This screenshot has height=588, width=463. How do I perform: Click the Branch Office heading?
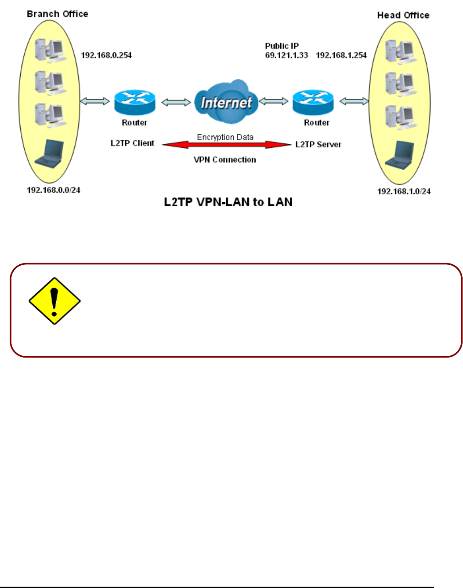[57, 14]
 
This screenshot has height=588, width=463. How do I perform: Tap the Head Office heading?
[403, 15]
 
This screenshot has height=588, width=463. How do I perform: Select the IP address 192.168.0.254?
[106, 55]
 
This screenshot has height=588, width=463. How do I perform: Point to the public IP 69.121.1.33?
[286, 55]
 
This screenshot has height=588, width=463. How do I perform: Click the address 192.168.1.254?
[341, 55]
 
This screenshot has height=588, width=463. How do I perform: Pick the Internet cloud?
[226, 102]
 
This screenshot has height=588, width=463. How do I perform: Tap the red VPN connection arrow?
[226, 144]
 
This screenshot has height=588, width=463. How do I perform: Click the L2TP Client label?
[132, 143]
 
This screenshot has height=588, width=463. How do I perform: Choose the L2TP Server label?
[318, 144]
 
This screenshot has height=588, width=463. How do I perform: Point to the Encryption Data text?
[225, 137]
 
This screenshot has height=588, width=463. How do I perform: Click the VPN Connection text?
[225, 160]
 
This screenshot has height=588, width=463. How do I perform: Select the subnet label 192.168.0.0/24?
[54, 190]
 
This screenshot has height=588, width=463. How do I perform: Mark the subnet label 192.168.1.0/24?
[404, 191]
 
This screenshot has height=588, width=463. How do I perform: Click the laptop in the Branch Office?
[50, 153]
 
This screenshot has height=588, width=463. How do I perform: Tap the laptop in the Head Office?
[400, 155]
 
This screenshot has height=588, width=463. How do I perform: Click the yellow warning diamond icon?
[54, 301]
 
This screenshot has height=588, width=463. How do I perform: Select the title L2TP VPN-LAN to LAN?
[228, 202]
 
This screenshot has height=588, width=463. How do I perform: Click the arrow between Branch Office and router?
[94, 101]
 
